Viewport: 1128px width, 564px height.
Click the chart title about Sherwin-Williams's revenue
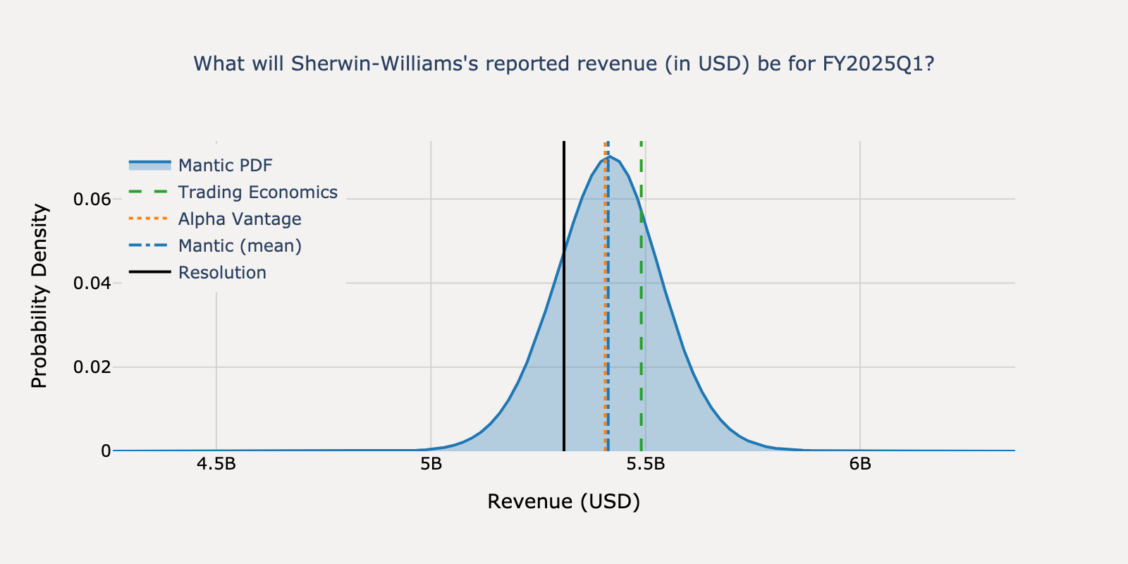click(563, 64)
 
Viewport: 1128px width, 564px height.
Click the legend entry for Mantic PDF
click(225, 166)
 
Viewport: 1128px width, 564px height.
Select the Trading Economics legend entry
click(257, 192)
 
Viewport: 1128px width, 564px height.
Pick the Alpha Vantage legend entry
click(239, 219)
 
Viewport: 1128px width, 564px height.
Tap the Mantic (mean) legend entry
click(240, 246)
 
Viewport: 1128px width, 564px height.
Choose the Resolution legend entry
click(222, 273)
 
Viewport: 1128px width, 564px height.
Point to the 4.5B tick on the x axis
click(216, 464)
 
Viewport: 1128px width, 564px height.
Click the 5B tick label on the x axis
click(431, 464)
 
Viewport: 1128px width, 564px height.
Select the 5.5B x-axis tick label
click(645, 464)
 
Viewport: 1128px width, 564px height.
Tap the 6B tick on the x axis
click(860, 464)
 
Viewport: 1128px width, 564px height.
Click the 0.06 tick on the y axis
click(92, 200)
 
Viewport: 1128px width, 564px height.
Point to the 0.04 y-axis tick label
click(92, 283)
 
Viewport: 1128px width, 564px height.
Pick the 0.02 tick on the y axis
click(92, 367)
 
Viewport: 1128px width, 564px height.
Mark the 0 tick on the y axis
click(106, 451)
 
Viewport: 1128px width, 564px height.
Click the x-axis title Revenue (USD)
click(563, 502)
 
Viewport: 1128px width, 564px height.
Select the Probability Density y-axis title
click(39, 296)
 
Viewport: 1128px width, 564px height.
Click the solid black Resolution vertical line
click(564, 352)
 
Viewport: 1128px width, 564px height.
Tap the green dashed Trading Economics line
click(642, 317)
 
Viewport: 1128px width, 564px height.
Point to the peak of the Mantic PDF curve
click(608, 157)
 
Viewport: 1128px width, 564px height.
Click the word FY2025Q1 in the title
click(878, 64)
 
